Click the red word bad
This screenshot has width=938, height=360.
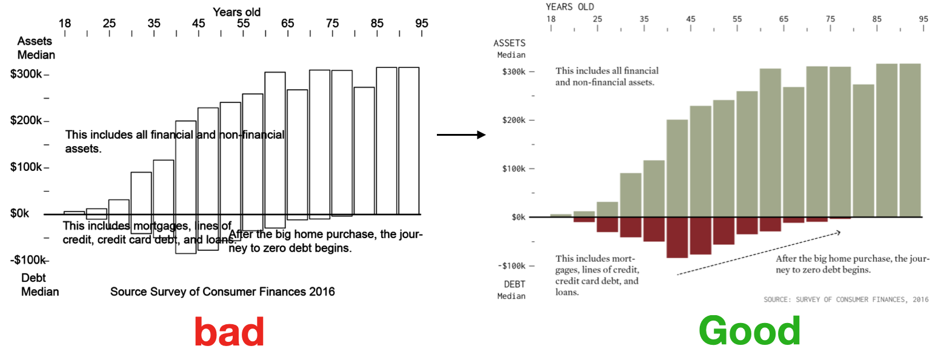(229, 332)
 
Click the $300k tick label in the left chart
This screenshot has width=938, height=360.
(26, 75)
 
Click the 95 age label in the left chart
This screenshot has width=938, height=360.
(422, 24)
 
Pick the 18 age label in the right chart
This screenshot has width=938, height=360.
(551, 19)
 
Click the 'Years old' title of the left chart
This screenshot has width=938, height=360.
(236, 11)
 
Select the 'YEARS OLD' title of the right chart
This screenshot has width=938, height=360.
(570, 7)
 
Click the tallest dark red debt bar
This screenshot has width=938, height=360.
(677, 238)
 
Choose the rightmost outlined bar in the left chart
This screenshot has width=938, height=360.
(409, 141)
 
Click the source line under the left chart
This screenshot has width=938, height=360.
(222, 292)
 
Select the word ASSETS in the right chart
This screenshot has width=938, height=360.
(510, 44)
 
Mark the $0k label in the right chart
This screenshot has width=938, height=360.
(517, 217)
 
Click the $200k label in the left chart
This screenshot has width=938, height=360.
(26, 121)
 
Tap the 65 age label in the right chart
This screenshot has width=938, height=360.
(783, 19)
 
